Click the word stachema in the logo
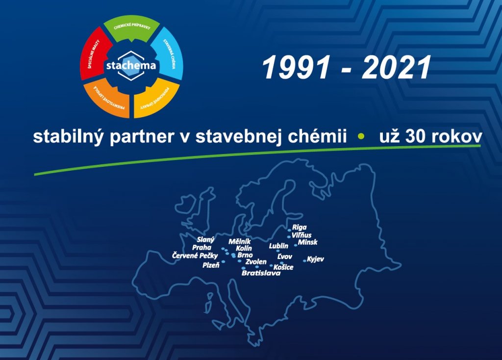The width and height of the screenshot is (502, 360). click(131, 66)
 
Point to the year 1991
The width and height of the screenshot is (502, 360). click(296, 68)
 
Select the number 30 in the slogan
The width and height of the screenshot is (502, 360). click(415, 136)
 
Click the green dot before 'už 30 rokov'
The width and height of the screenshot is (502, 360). click(361, 136)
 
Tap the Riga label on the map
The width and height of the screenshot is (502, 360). click(300, 228)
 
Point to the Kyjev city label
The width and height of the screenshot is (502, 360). click(315, 259)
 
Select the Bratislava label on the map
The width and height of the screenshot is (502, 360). click(261, 273)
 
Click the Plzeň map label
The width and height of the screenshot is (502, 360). click(211, 265)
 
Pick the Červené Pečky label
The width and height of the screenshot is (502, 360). click(195, 256)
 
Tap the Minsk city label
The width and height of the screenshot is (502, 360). click(308, 242)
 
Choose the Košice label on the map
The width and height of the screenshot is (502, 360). click(283, 267)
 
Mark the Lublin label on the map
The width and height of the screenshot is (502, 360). click(278, 246)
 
